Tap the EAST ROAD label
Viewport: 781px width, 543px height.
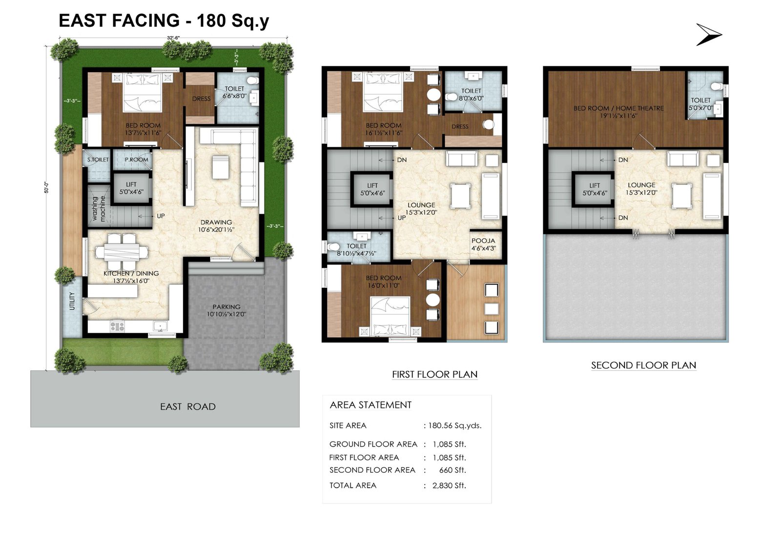[187, 406]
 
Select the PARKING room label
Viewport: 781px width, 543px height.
[226, 307]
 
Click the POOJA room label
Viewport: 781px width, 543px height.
[483, 241]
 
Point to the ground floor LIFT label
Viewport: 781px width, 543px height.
[131, 184]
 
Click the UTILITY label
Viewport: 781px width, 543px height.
[72, 301]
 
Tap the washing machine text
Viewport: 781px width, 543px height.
[99, 209]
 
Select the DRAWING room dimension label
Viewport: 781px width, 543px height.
[216, 229]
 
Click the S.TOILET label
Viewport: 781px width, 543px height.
[98, 160]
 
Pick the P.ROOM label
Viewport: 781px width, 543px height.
[136, 160]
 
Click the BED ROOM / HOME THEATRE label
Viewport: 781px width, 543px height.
[618, 108]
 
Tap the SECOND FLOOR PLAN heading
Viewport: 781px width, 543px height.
[643, 365]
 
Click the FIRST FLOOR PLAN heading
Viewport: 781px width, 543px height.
[434, 374]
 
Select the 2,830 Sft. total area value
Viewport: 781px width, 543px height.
[449, 485]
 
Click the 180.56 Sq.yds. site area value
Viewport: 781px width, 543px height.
[454, 425]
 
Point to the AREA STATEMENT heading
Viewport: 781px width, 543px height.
[370, 405]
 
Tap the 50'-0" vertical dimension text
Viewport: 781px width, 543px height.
[47, 187]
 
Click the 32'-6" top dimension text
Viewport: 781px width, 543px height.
[173, 38]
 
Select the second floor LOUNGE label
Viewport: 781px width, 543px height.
[641, 185]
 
